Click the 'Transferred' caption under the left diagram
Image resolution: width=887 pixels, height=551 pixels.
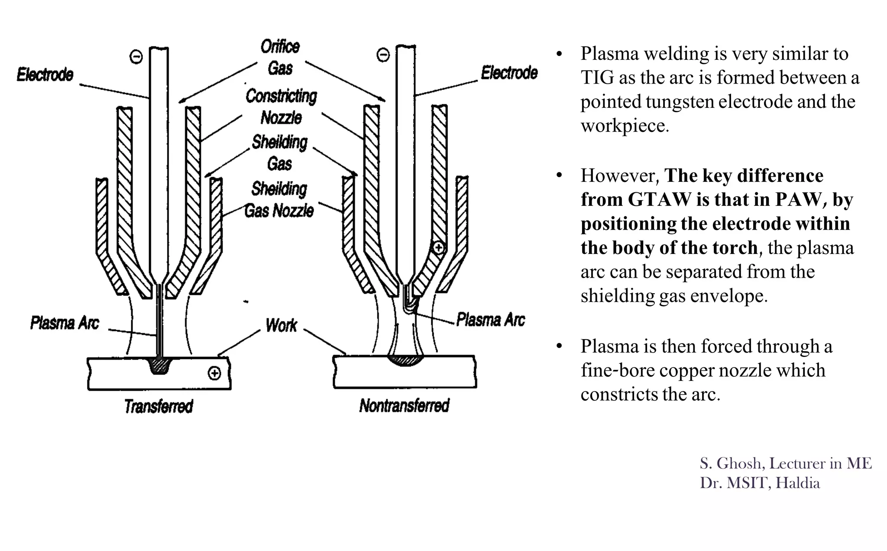[x=159, y=406]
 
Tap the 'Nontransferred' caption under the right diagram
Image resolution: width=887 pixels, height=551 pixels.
[x=404, y=406]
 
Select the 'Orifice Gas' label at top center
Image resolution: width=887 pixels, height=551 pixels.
[x=280, y=57]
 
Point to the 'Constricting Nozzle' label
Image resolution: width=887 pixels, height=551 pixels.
[x=281, y=107]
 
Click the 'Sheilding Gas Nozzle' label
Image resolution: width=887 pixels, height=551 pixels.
[x=279, y=200]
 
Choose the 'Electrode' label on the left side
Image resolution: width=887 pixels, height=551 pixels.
[x=45, y=75]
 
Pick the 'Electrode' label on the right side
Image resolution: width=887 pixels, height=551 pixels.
[x=509, y=73]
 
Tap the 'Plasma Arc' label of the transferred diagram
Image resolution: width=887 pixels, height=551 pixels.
[x=65, y=323]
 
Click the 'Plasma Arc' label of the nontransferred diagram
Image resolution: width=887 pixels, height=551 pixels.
[x=490, y=320]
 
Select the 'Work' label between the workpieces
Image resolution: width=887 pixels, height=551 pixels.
[x=281, y=325]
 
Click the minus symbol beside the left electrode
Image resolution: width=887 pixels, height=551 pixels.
[x=136, y=57]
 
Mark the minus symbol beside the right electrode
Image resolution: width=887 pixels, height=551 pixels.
[x=383, y=55]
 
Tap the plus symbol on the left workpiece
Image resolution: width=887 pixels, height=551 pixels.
[x=214, y=373]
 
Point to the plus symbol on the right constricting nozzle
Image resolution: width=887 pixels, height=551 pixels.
[x=439, y=248]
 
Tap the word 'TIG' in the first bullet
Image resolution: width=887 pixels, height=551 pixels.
[x=597, y=78]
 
